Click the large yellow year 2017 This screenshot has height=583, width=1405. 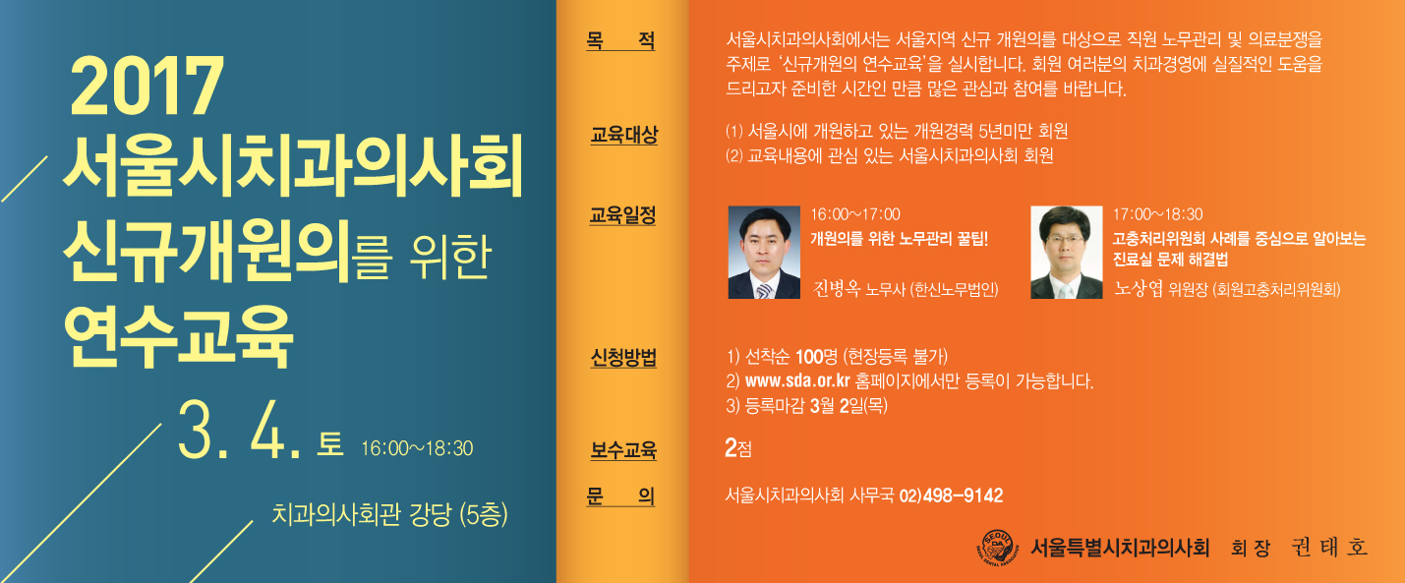(146, 86)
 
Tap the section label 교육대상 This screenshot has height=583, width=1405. (623, 135)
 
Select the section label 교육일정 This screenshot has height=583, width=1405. (622, 215)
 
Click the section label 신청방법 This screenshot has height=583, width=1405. (622, 357)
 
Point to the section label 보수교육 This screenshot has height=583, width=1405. (622, 450)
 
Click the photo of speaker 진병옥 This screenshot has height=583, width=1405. (764, 252)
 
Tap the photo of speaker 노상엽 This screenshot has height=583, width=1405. (1067, 252)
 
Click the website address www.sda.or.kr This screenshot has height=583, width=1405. (797, 381)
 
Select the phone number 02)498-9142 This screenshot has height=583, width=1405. (951, 496)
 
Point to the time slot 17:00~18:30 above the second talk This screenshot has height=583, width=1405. (1158, 214)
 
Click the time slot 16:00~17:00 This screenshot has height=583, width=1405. (855, 214)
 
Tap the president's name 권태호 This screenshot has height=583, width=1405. (1329, 548)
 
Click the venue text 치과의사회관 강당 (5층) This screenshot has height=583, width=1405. (389, 515)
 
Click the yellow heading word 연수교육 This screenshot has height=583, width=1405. (178, 336)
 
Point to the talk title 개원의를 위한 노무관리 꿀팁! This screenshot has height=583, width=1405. (900, 238)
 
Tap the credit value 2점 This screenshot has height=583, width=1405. (737, 447)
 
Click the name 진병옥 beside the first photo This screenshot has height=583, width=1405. (837, 288)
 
